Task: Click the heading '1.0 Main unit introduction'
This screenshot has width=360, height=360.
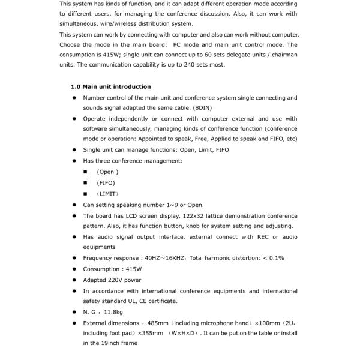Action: pos(110,86)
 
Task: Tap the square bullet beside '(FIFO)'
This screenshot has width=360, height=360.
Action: pos(86,183)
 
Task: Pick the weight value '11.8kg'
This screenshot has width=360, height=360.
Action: pos(114,312)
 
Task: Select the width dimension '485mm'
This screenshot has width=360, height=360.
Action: pos(157,323)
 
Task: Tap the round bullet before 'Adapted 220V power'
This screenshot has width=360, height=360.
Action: pos(74,280)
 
